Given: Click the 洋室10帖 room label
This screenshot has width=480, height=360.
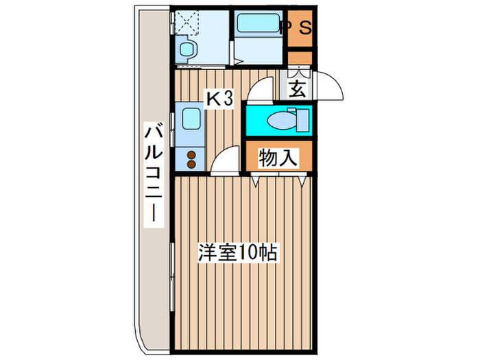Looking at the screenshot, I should click(x=239, y=253).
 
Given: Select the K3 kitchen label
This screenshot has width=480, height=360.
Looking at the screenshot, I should click(x=221, y=100).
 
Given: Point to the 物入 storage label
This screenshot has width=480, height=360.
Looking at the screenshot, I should click(x=278, y=158).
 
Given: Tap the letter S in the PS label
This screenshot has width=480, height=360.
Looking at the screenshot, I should click(x=306, y=28).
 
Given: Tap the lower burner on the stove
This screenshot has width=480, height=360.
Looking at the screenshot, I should click(x=191, y=165).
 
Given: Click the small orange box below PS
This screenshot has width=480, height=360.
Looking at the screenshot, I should click(x=300, y=59).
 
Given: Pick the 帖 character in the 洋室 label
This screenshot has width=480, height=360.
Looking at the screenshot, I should click(x=269, y=253).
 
